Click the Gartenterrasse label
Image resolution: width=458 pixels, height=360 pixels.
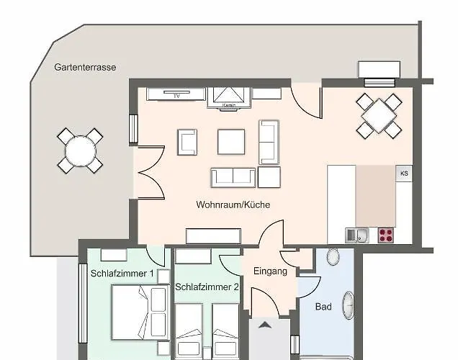85,68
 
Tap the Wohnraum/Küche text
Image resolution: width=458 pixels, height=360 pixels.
233,204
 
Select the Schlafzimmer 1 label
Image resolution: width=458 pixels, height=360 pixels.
122,274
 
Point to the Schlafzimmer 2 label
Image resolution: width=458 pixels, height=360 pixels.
207,287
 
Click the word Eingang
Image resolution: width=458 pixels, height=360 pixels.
270,271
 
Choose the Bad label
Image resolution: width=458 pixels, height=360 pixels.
323,307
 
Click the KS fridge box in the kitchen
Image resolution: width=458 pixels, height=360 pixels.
404,174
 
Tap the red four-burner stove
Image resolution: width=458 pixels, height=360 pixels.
385,235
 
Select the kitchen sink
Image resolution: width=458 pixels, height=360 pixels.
356,235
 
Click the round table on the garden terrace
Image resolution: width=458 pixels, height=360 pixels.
81,151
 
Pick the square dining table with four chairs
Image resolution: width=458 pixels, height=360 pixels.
379,116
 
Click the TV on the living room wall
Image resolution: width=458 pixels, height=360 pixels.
176,94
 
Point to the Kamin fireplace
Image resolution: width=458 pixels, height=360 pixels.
229,98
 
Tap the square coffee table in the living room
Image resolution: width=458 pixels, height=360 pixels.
231,142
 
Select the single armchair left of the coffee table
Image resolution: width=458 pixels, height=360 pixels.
187,142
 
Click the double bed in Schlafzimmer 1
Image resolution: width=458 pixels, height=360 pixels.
140,312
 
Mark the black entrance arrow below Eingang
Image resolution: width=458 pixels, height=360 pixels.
265,325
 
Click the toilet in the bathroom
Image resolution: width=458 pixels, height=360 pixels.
333,256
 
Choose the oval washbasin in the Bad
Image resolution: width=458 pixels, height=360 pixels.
349,305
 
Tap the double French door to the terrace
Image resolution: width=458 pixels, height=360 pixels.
151,173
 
